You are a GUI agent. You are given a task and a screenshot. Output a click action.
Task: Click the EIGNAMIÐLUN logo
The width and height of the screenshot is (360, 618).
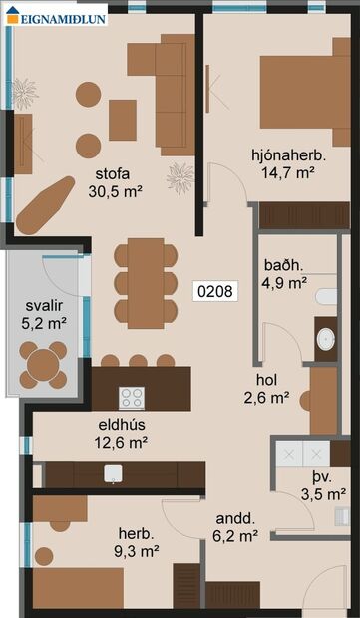point(56,16)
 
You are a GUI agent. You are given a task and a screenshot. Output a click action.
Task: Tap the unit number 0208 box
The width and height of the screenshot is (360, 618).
point(215,292)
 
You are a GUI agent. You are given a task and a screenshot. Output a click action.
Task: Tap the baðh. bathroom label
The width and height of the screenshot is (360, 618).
point(283,266)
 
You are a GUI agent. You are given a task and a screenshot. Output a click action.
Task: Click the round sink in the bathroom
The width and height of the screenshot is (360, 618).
point(325,339)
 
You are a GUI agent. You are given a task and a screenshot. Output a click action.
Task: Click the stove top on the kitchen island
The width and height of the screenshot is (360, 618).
point(132,398)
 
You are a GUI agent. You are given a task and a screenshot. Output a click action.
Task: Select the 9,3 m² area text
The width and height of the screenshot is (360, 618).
point(137,550)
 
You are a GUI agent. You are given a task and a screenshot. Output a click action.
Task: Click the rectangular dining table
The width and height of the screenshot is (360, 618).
point(146,283)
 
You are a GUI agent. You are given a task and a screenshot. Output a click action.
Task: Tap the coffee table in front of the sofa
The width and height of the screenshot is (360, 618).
point(123,120)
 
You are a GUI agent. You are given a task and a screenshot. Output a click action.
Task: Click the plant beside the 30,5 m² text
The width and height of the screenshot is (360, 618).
point(180,178)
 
